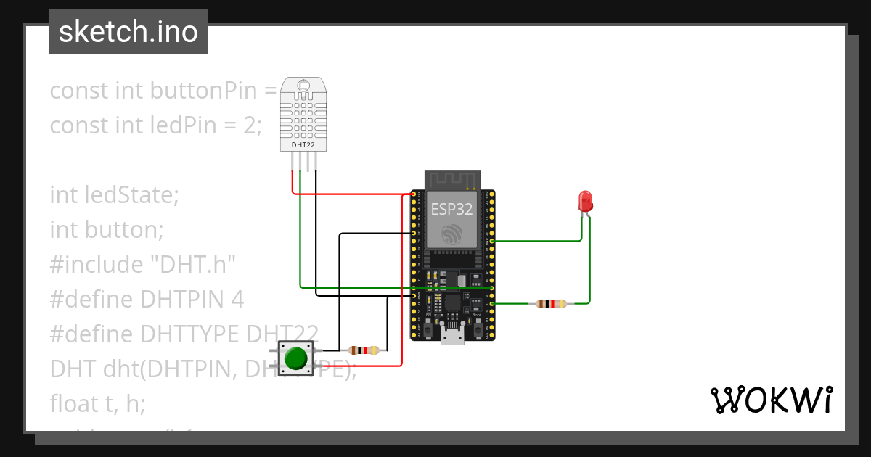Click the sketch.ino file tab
(128, 32)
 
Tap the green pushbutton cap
(295, 358)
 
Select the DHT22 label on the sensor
(303, 145)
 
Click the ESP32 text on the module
(451, 210)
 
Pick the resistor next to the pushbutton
(364, 350)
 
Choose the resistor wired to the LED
(549, 304)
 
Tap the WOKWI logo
(771, 400)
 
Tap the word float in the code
(74, 403)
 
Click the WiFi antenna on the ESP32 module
(453, 178)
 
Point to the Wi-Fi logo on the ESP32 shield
(452, 234)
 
